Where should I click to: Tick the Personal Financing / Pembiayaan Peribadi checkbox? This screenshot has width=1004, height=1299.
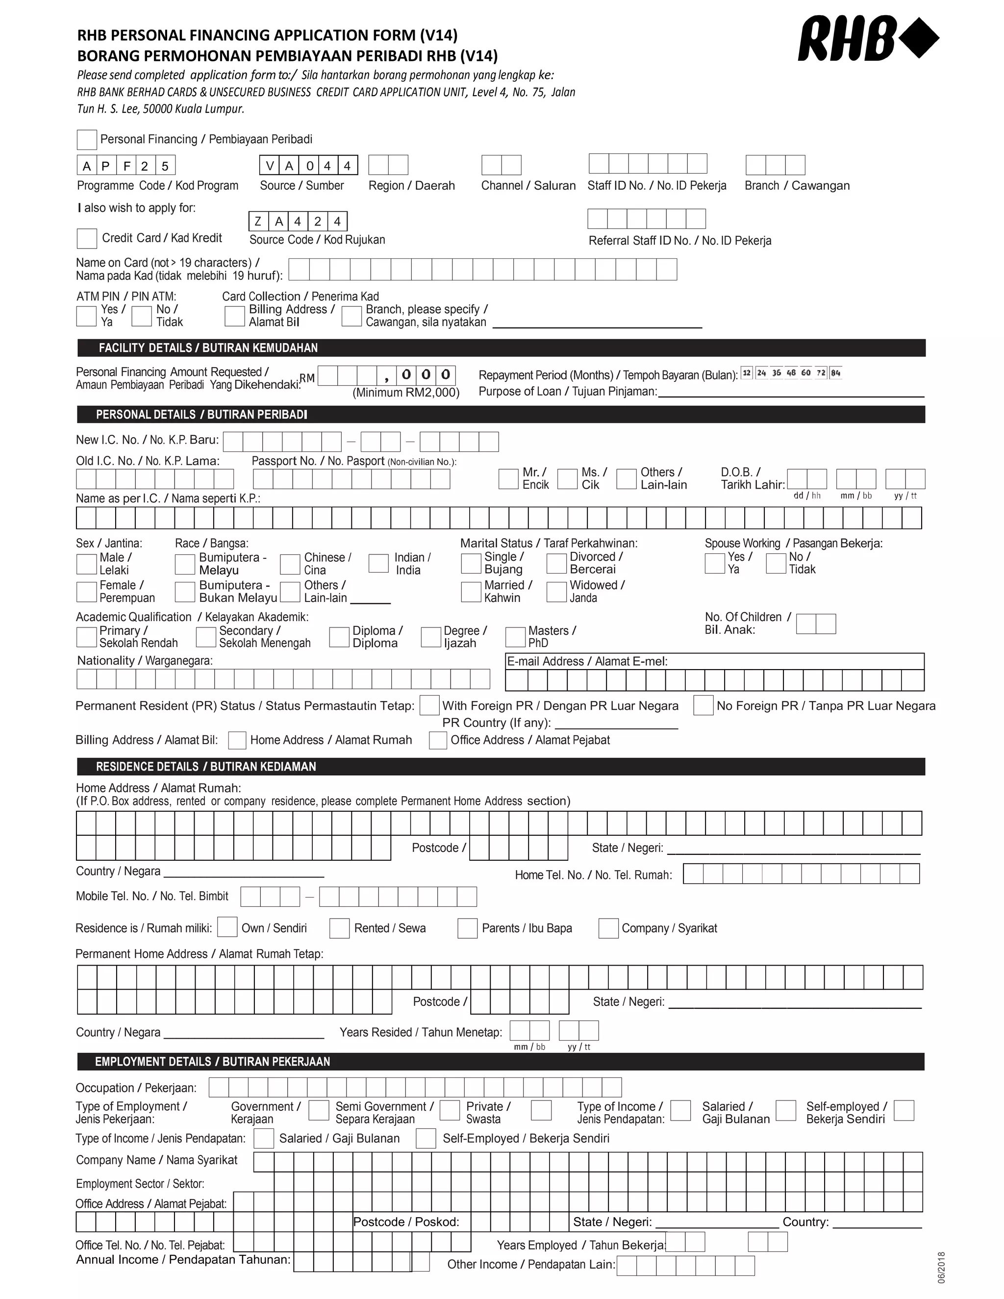coord(87,140)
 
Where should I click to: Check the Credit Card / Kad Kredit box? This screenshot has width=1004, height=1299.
coord(87,239)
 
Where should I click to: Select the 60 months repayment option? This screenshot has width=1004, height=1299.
coord(806,373)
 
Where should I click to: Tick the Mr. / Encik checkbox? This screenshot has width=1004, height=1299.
coord(508,479)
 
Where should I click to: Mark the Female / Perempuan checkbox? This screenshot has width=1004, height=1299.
coord(87,592)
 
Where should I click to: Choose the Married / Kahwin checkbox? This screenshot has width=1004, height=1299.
coord(471,592)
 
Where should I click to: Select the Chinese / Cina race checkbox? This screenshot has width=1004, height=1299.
coord(290,564)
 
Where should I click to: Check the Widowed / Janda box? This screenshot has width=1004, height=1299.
coord(557,592)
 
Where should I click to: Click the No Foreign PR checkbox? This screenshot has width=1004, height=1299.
coord(703,705)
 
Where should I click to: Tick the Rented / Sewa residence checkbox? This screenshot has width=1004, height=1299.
coord(340,928)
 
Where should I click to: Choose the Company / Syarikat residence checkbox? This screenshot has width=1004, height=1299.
coord(608,928)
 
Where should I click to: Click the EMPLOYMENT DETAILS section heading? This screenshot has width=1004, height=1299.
coord(212,1062)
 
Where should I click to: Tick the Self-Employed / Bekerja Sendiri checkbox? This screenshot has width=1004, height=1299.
coord(426,1138)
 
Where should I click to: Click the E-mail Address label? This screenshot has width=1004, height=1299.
coord(586,661)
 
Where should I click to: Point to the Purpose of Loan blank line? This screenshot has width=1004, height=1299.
coord(791,392)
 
